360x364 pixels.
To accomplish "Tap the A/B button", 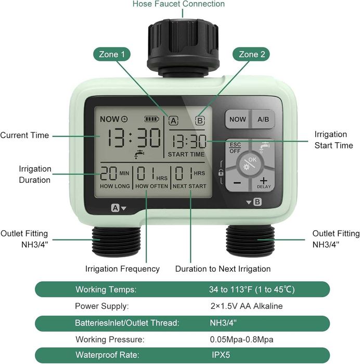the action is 263,119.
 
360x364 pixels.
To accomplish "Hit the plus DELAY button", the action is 263,182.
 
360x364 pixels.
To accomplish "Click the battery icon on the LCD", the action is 152,119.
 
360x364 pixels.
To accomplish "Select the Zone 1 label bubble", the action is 112,54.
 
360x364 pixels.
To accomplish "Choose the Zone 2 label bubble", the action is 251,54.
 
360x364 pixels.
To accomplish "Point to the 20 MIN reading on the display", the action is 114,173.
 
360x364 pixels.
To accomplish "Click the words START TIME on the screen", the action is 186,154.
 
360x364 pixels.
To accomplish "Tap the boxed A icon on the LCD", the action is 173,121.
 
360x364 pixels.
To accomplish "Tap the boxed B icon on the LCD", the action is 200,121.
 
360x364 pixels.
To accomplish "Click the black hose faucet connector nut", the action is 183,48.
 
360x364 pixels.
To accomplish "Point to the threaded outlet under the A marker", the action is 116,241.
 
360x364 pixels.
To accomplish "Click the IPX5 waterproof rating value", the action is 221,355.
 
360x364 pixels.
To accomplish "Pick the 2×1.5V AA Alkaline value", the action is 247,306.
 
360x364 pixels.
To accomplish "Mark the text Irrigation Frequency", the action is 122,269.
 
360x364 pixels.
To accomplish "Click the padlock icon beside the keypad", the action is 221,173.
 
